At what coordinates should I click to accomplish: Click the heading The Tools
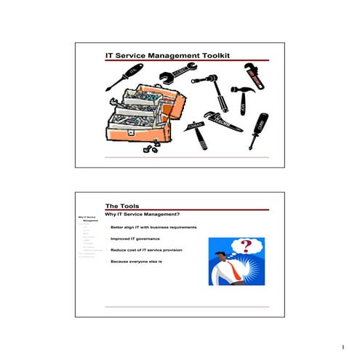coord(123,206)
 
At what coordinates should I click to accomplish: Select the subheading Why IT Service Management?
coord(143,215)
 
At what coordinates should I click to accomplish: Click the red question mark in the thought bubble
coord(247,245)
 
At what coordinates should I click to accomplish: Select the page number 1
coord(340,348)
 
